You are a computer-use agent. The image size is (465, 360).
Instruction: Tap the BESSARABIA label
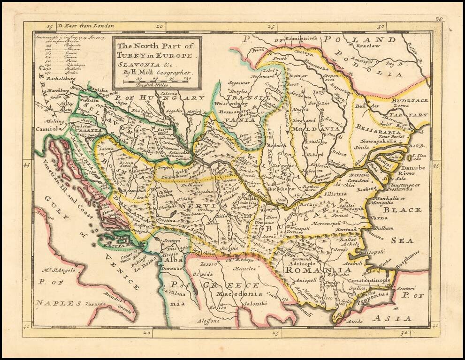(378, 127)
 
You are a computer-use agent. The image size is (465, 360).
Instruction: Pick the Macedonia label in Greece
(239, 294)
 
